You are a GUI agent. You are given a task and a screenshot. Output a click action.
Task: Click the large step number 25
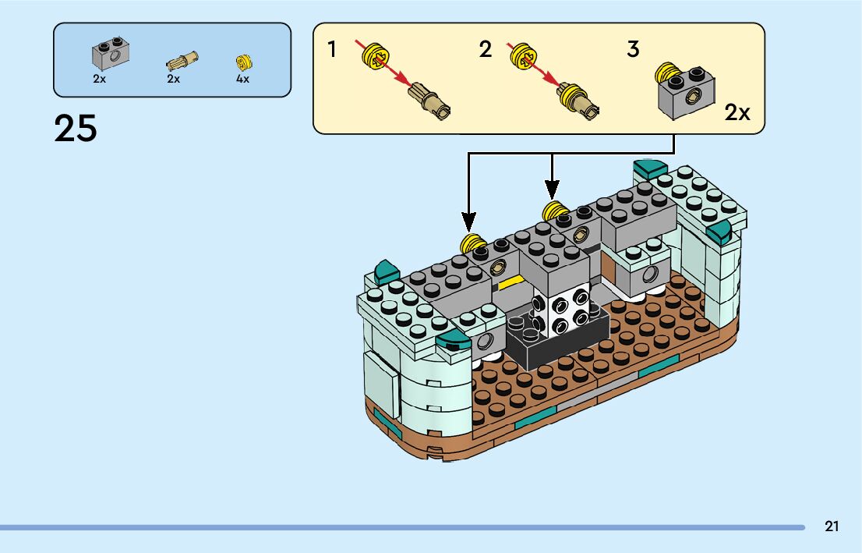pyautogui.click(x=76, y=128)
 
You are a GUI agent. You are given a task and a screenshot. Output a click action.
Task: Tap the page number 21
pyautogui.click(x=832, y=526)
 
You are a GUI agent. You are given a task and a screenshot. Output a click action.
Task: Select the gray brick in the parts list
pyautogui.click(x=111, y=53)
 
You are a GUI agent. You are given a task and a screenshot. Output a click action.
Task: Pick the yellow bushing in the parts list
pyautogui.click(x=244, y=62)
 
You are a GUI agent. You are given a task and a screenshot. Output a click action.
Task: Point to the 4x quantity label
pyautogui.click(x=243, y=79)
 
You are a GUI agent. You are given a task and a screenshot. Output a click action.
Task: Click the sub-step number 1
pyautogui.click(x=332, y=50)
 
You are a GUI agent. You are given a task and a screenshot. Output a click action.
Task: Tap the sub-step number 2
pyautogui.click(x=486, y=50)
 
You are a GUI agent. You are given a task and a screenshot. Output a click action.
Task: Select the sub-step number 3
pyautogui.click(x=633, y=50)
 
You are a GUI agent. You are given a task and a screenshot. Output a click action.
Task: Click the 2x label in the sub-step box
pyautogui.click(x=737, y=112)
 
